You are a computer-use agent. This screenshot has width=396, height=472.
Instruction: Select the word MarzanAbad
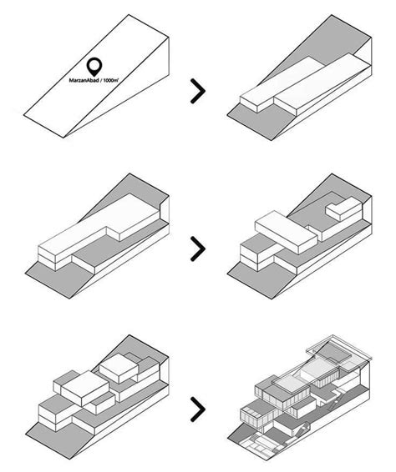point(87,81)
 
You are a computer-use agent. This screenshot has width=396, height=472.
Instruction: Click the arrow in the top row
point(198,91)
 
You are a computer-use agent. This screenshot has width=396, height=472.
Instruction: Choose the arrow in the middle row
point(198,248)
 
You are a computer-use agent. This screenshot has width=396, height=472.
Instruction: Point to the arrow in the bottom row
point(198,409)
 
